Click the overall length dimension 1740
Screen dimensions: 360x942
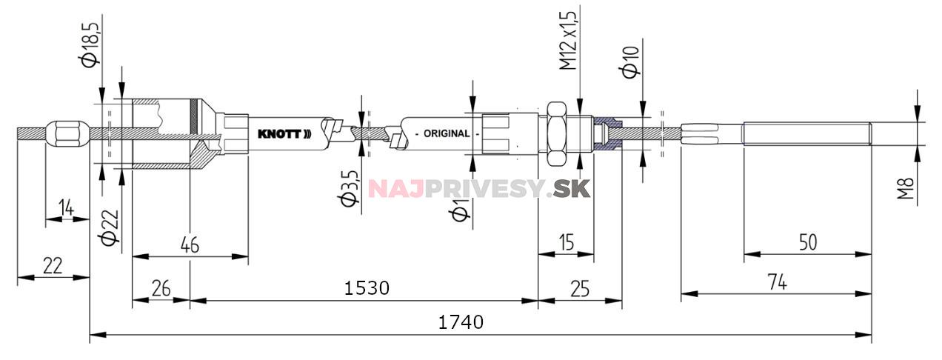460,322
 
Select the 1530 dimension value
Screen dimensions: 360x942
367,287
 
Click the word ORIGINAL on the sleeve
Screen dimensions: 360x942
446,134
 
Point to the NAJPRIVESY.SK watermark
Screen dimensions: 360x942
479,188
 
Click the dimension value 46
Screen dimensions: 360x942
190,245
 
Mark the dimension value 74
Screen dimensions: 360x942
776,281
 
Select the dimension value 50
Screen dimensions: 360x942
809,242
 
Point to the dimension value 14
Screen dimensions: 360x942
66,210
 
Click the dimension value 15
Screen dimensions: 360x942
566,242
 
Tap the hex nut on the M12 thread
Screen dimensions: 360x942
558,134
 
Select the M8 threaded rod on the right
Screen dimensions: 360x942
807,134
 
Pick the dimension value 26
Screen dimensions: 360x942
160,287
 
